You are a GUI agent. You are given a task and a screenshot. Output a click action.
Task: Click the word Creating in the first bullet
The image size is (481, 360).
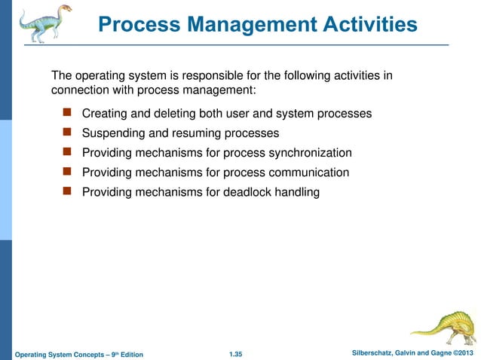point(105,114)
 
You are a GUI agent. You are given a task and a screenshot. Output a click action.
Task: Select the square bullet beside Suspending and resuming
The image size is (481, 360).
point(66,133)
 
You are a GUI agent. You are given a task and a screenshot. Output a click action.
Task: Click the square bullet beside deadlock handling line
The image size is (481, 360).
point(66,191)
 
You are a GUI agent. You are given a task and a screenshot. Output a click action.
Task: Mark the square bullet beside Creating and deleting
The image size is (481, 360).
point(66,113)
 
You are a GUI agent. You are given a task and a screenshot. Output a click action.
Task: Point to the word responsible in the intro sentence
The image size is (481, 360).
point(216,76)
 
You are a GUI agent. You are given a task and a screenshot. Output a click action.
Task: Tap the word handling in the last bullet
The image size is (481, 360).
point(297,192)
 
